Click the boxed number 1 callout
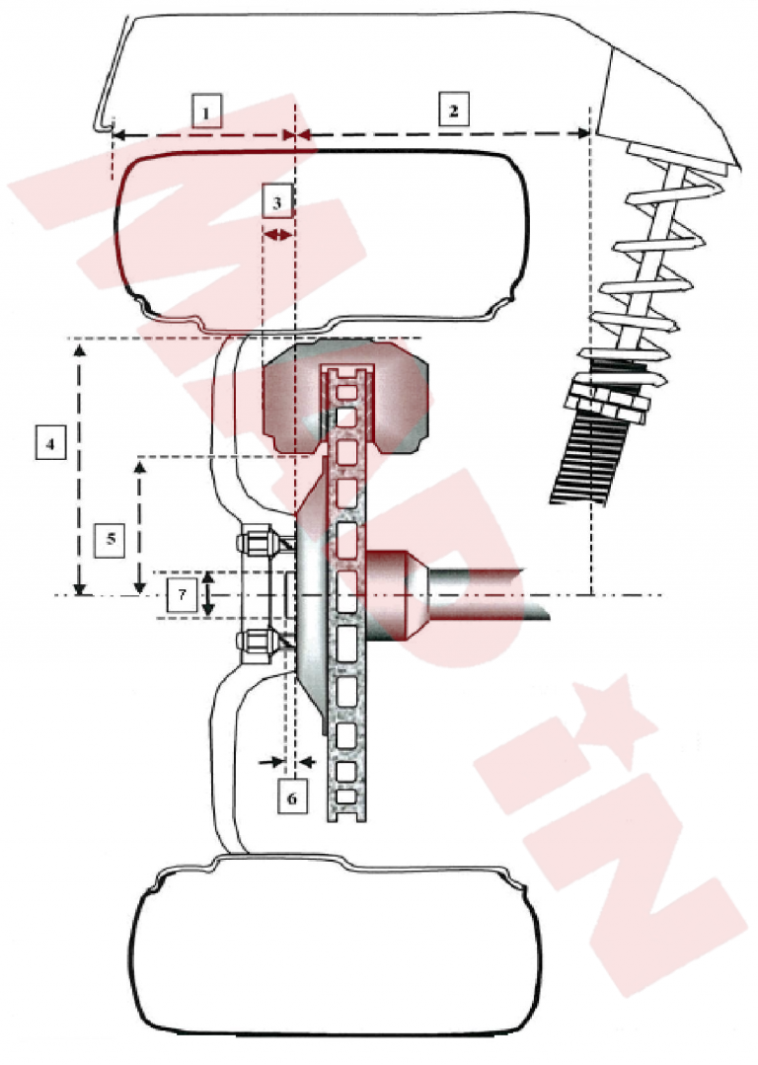coord(207,112)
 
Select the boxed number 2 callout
coord(453,110)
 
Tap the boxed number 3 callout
coord(277,201)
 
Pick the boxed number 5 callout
coord(110,540)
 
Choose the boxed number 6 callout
coord(292,798)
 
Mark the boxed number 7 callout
coord(182,594)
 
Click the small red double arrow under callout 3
coord(277,235)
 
